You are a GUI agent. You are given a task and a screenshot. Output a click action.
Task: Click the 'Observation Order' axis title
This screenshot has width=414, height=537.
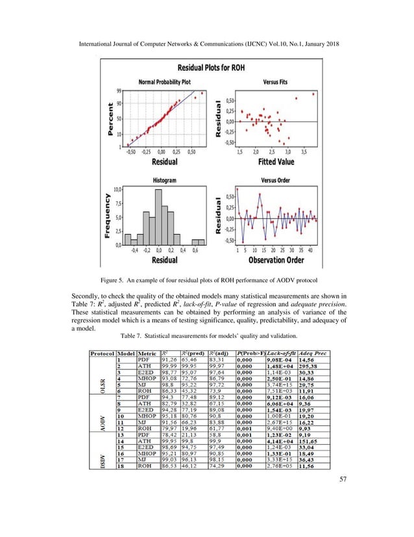click(276, 260)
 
